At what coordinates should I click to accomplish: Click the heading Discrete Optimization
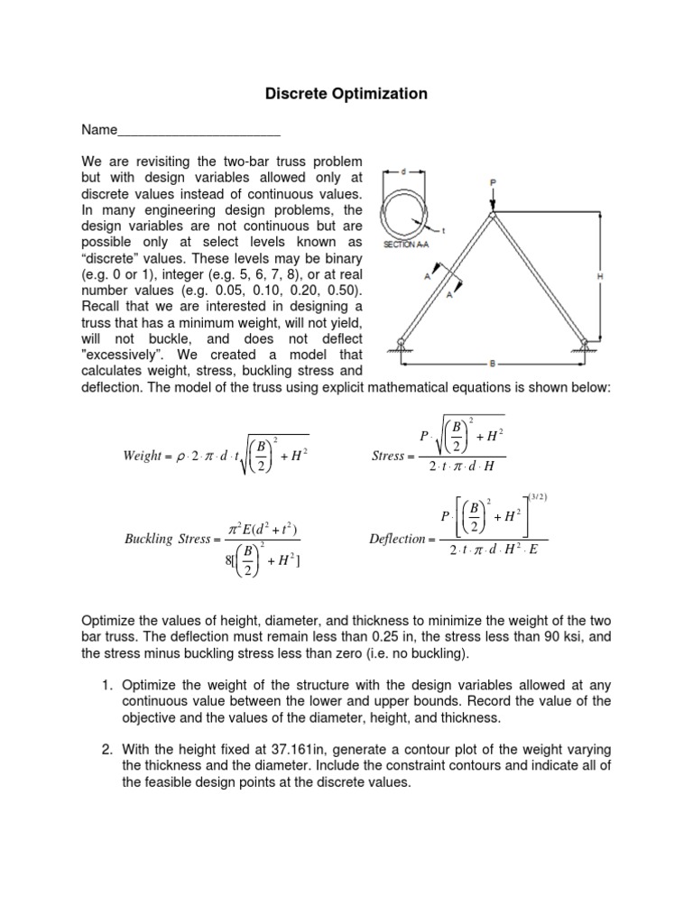pyautogui.click(x=346, y=94)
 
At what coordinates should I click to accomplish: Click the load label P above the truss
pyautogui.click(x=493, y=182)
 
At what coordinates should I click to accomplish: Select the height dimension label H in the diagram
pyautogui.click(x=600, y=277)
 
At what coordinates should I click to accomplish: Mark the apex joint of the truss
pyautogui.click(x=493, y=214)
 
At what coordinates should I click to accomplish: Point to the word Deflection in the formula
pyautogui.click(x=397, y=540)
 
